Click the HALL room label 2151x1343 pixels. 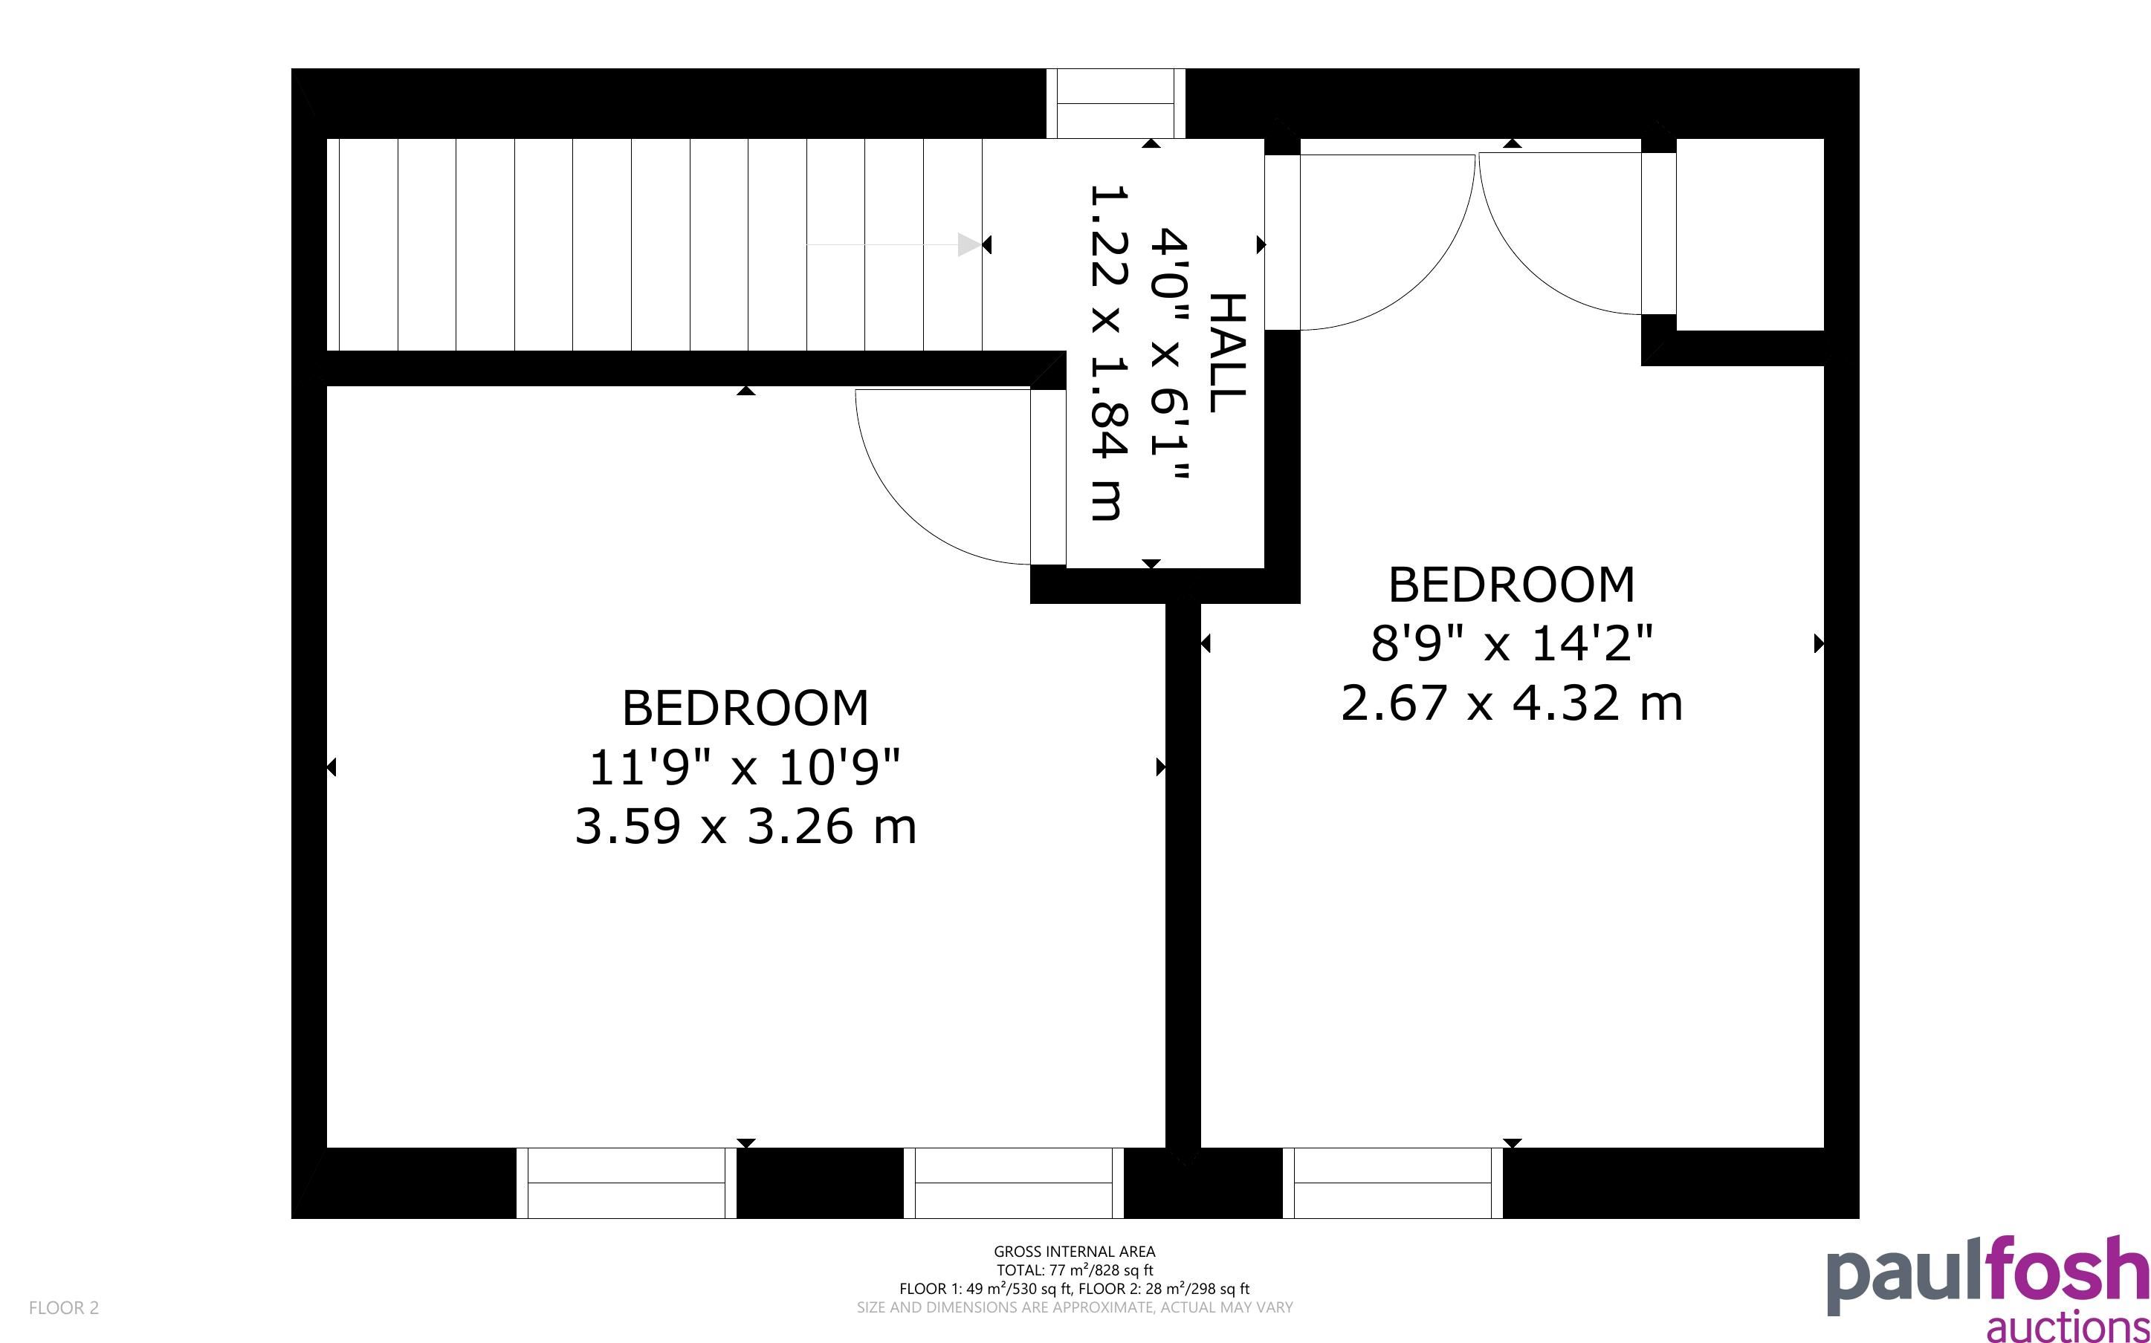(x=1228, y=353)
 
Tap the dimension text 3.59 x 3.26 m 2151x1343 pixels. (x=745, y=826)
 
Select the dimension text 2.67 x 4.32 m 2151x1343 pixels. (x=1511, y=703)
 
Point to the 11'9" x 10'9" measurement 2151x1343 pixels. (x=745, y=767)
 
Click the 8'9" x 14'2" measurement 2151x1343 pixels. (x=1511, y=643)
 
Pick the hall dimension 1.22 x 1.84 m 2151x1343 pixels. (x=1108, y=353)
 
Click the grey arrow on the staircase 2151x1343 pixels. (x=893, y=244)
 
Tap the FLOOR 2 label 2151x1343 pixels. (x=64, y=1307)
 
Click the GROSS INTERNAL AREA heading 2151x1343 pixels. (x=1074, y=1252)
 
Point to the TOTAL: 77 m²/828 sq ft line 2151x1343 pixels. (x=1074, y=1270)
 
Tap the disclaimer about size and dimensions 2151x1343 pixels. (x=1074, y=1307)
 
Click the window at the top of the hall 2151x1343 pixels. (x=1115, y=103)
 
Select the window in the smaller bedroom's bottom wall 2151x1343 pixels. (x=1392, y=1183)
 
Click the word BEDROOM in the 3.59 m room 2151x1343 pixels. (x=745, y=708)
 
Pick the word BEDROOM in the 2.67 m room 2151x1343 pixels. (x=1511, y=585)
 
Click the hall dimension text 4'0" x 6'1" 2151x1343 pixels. (x=1168, y=353)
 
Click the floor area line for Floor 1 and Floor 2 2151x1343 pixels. (x=1074, y=1289)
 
